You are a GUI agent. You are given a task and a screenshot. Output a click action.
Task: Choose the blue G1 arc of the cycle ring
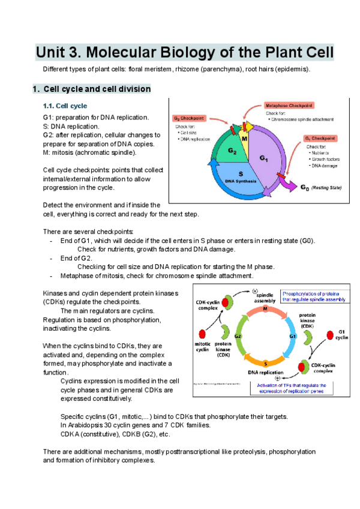(x=293, y=336)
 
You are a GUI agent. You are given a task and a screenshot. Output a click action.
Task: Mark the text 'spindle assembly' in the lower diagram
(x=265, y=299)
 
